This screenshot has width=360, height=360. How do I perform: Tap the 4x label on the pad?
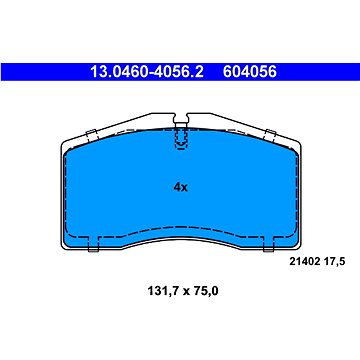click(x=180, y=186)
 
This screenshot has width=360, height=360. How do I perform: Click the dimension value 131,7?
click(x=151, y=292)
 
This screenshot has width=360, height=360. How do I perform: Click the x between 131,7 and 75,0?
click(x=180, y=293)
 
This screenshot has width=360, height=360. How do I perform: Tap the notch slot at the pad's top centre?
click(x=180, y=133)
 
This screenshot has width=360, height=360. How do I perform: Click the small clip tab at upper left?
click(x=90, y=137)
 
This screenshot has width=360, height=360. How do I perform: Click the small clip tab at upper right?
click(x=270, y=137)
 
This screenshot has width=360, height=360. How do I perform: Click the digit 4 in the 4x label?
click(x=175, y=186)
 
